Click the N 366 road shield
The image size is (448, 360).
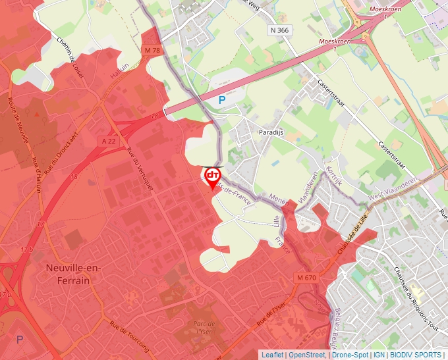(279, 30)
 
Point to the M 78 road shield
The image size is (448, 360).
(152, 50)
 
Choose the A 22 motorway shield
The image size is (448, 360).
(109, 141)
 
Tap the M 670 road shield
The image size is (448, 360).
(306, 278)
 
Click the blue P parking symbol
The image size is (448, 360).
(221, 100)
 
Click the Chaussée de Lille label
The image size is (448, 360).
(352, 234)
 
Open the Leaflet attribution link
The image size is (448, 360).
(271, 355)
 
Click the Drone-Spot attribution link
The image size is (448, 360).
(349, 355)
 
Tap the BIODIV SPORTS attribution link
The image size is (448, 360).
(415, 355)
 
